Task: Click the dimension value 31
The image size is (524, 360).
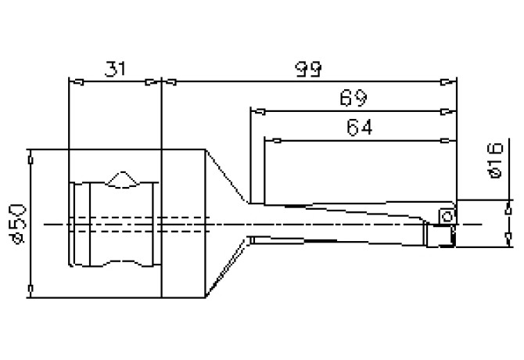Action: tap(115, 70)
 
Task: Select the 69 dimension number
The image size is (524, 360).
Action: tap(354, 99)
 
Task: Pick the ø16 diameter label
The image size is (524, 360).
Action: tap(493, 160)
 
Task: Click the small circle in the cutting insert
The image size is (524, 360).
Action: tap(446, 213)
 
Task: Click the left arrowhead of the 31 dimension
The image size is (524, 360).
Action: tap(75, 81)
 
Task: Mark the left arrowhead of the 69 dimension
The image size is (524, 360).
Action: tap(255, 111)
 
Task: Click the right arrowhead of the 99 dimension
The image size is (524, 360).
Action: tap(450, 81)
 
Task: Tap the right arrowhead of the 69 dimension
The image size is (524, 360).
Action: tap(450, 111)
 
